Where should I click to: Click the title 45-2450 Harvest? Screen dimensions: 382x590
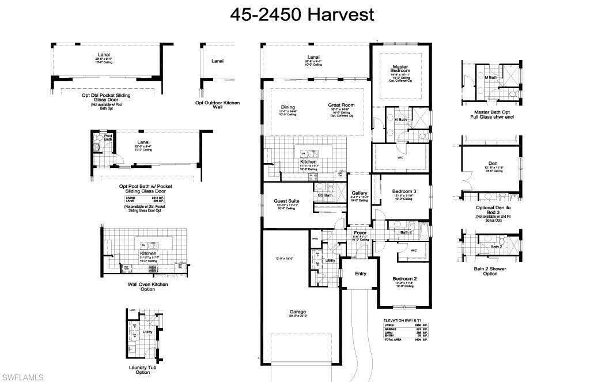pyautogui.click(x=302, y=14)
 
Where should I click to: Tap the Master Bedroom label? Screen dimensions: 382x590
pyautogui.click(x=401, y=69)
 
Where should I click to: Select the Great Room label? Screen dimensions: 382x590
pyautogui.click(x=341, y=105)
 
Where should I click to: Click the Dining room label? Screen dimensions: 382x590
pyautogui.click(x=288, y=107)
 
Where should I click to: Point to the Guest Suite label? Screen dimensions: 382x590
pyautogui.click(x=286, y=201)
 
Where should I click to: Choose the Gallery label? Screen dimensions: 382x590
pyautogui.click(x=360, y=193)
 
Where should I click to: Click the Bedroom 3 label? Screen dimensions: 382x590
pyautogui.click(x=404, y=191)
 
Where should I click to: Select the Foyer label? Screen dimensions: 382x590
pyautogui.click(x=360, y=233)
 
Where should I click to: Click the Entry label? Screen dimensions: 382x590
pyautogui.click(x=360, y=274)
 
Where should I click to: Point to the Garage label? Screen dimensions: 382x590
pyautogui.click(x=297, y=312)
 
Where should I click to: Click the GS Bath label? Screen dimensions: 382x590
pyautogui.click(x=325, y=195)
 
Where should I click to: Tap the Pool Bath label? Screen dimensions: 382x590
pyautogui.click(x=108, y=138)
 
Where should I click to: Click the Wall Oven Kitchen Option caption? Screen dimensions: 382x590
pyautogui.click(x=147, y=286)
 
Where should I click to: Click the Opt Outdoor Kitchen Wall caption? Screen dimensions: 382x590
pyautogui.click(x=217, y=105)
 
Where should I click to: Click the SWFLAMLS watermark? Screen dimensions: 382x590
pyautogui.click(x=22, y=377)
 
